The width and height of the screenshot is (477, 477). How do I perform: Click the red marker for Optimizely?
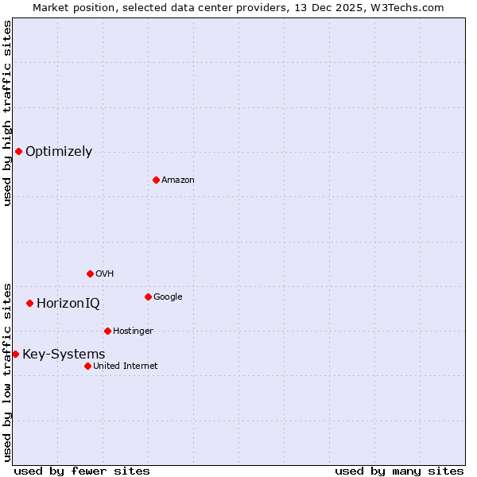tap(18, 151)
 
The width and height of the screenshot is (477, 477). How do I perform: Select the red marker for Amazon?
tap(156, 180)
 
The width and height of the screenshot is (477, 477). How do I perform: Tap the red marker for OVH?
tap(90, 273)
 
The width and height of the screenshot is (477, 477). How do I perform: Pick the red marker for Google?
tap(148, 297)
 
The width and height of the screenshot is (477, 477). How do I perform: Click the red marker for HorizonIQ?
tap(29, 303)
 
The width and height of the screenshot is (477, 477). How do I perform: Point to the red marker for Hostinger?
tap(107, 331)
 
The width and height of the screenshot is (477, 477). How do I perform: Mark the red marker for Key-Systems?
tap(15, 354)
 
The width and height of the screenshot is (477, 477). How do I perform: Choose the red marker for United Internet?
tap(87, 366)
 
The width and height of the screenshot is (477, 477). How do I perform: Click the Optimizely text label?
tap(59, 152)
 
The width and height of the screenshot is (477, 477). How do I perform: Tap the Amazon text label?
tap(178, 180)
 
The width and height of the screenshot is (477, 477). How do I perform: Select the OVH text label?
tap(104, 274)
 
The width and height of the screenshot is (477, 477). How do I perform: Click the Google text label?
tap(168, 297)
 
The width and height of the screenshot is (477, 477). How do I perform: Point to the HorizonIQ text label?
tap(68, 304)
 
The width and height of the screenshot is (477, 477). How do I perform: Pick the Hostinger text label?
tap(133, 332)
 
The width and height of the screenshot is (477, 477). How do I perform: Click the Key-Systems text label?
tap(64, 355)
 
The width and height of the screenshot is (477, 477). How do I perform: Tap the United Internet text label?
tap(126, 366)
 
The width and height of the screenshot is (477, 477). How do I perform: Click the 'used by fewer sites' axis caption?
tap(82, 471)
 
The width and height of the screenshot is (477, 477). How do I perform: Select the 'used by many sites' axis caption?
tap(399, 471)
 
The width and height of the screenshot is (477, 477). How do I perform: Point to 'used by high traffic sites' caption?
tap(7, 113)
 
